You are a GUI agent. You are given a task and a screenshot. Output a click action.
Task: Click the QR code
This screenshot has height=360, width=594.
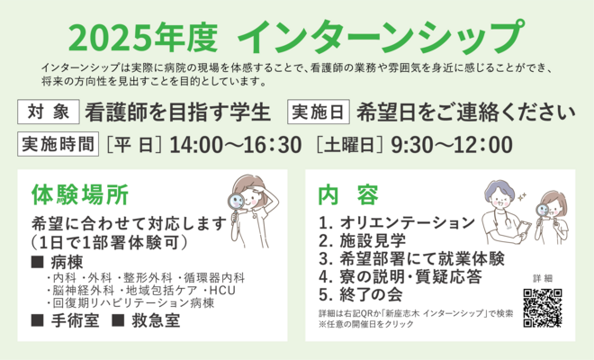pos(543,308)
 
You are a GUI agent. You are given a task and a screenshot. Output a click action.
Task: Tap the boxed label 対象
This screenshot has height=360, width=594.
pos(49,112)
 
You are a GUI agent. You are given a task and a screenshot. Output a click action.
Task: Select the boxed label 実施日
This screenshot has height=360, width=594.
pos(319,112)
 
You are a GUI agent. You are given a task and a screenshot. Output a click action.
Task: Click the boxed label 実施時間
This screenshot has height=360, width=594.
pos(58,144)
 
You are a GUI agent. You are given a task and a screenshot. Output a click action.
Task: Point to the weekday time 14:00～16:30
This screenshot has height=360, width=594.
pos(236,145)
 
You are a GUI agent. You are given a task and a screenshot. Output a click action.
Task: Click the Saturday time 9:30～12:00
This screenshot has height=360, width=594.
pos(452,145)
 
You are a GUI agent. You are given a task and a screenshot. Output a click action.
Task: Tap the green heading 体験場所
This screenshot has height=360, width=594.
pos(80,194)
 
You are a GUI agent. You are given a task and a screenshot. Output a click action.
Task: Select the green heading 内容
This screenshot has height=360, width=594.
pos(348,194)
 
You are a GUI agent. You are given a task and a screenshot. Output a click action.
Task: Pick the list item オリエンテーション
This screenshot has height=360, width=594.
pos(407,222)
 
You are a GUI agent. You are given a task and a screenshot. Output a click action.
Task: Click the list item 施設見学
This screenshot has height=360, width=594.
pos(373,240)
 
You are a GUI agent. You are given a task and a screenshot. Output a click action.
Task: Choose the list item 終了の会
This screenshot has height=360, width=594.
pos(371,295)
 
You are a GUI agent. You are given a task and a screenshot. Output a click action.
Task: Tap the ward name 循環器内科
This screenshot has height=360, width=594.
pos(214,278)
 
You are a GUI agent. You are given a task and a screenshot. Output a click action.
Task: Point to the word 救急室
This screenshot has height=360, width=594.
pos(156,320)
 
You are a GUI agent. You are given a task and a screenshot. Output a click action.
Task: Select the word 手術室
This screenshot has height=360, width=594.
pos(75,320)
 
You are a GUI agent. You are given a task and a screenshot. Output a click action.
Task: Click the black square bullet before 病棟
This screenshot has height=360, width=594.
pos(37,262)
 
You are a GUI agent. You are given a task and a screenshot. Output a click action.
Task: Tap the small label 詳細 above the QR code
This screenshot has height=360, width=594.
pos(543,278)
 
